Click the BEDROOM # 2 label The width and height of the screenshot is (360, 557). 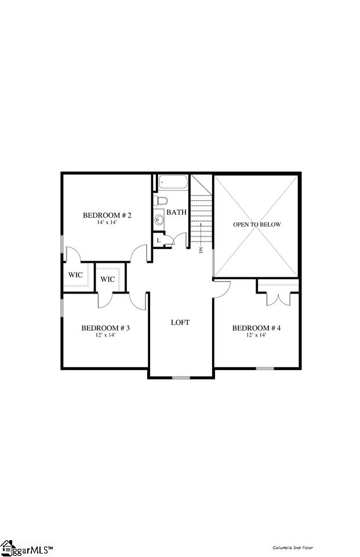click(107, 215)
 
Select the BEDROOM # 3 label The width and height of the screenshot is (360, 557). click(105, 328)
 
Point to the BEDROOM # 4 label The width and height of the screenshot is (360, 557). click(256, 328)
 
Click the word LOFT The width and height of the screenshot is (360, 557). click(180, 322)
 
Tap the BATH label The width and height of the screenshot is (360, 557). click(176, 212)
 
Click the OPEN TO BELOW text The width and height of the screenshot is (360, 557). click(257, 225)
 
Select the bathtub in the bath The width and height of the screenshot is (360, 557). click(172, 183)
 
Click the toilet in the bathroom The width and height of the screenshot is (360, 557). click(161, 201)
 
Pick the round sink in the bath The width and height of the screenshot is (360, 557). click(159, 220)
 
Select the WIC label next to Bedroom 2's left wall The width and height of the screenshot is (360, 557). click(76, 274)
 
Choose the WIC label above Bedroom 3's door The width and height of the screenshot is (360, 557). click(108, 279)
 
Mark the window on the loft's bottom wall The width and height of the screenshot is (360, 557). click(181, 378)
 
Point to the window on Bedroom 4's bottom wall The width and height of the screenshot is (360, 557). click(265, 368)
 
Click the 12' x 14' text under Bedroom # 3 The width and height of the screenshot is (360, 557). click(105, 335)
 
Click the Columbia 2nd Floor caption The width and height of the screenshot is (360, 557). click(293, 547)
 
